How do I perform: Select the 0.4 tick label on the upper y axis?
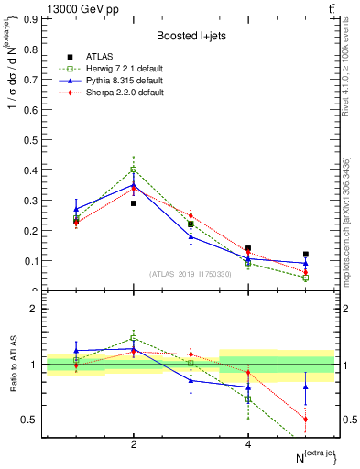(33, 169)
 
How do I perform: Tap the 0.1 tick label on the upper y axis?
(33, 260)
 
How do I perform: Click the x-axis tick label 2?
(134, 444)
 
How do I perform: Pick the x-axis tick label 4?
(248, 444)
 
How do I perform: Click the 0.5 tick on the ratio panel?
(31, 420)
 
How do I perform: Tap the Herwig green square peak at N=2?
(134, 169)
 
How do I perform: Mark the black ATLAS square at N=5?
(306, 255)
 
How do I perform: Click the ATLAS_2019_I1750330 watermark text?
(189, 273)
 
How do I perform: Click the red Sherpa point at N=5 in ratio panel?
(306, 419)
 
